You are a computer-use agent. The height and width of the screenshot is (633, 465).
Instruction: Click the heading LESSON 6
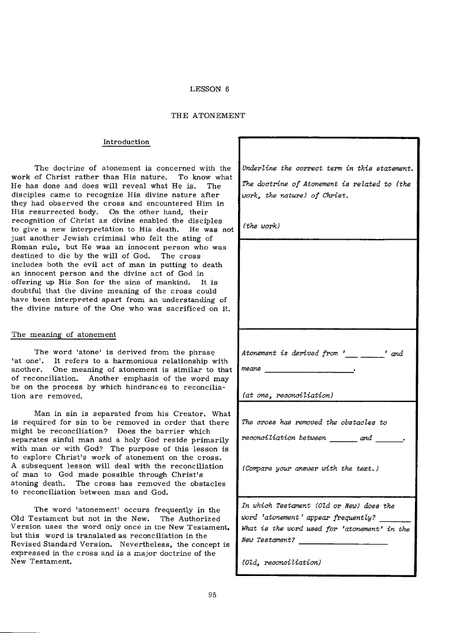(x=210, y=90)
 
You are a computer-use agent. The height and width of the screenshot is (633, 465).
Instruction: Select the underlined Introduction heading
(x=126, y=142)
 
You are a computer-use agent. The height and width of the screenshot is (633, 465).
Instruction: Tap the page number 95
(x=212, y=594)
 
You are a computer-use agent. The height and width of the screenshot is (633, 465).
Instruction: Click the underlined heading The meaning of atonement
(x=64, y=335)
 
